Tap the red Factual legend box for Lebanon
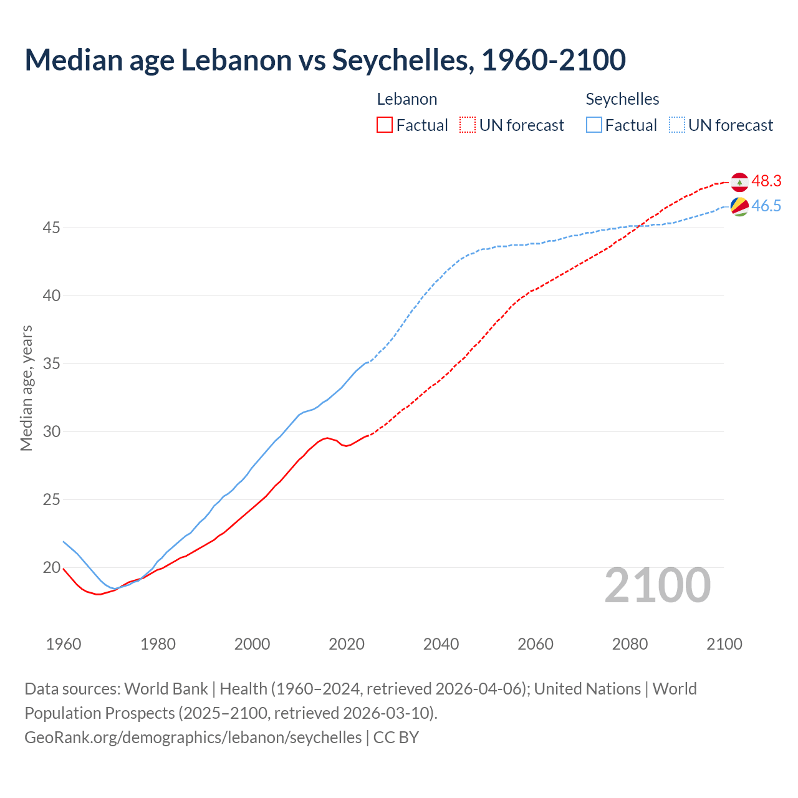tap(385, 125)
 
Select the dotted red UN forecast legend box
tap(468, 125)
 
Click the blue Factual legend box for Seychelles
tap(594, 125)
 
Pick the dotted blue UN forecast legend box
tap(677, 125)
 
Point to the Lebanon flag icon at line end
tap(739, 181)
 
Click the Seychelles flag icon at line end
tap(739, 206)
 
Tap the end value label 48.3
tap(766, 181)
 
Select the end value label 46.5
tap(766, 206)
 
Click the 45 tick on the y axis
tap(51, 228)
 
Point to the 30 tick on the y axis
tap(51, 431)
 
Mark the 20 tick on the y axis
tap(51, 567)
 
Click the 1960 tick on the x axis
tap(64, 644)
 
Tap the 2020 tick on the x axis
tap(347, 644)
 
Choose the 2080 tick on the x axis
tap(630, 644)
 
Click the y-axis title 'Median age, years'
tap(26, 388)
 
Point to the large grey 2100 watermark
tap(658, 585)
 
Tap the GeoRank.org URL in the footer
tap(193, 738)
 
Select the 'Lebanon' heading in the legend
tap(407, 99)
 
